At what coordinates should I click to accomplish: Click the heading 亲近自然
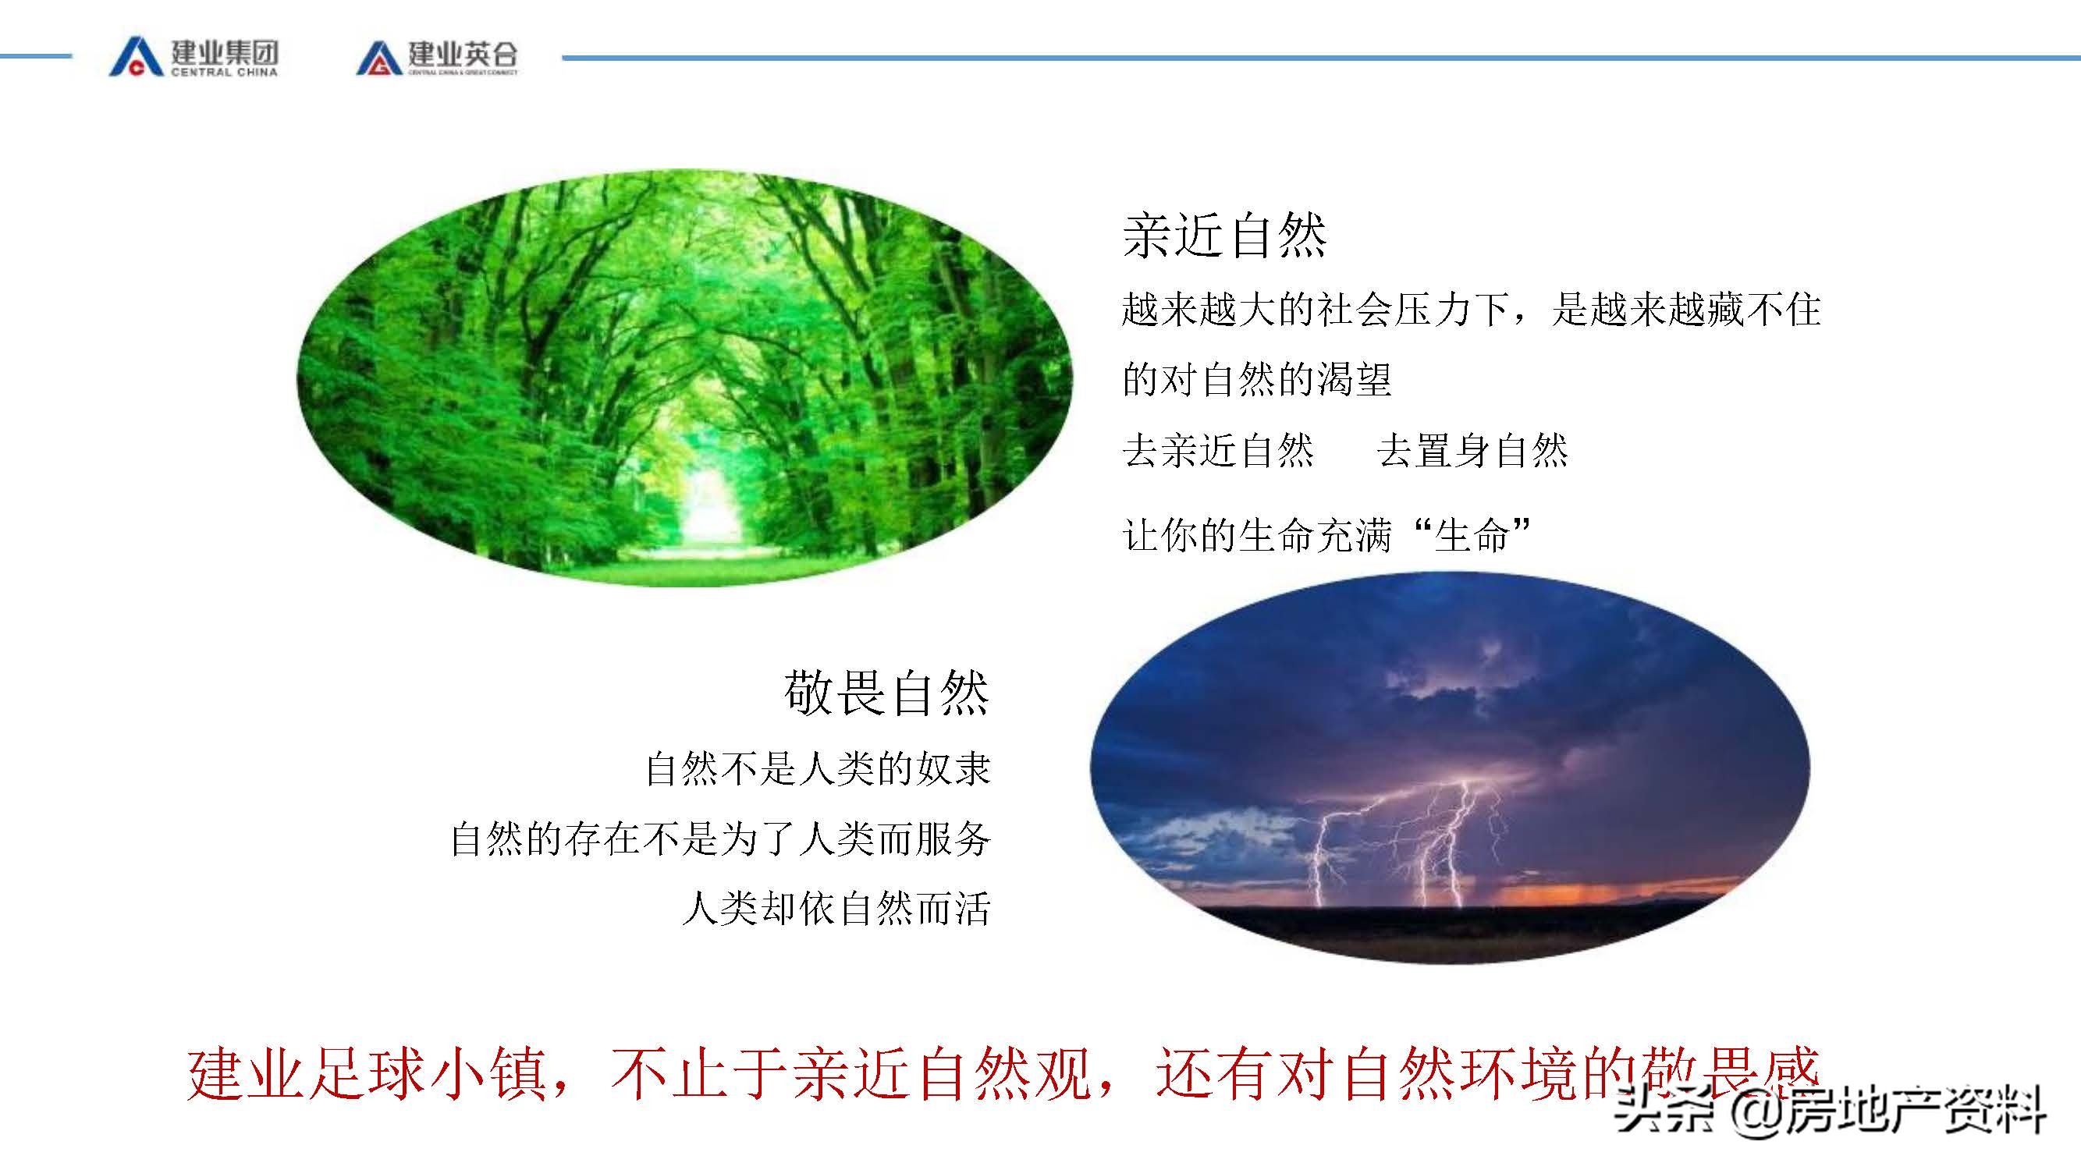pos(1224,236)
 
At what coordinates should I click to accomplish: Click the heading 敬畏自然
pos(886,693)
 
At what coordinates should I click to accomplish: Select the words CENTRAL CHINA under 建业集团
pos(224,72)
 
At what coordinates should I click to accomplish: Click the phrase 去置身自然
pos(1472,451)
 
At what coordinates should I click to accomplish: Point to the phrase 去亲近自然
pos(1218,451)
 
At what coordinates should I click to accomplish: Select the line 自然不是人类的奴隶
pos(818,768)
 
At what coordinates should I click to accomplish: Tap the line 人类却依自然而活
pos(836,909)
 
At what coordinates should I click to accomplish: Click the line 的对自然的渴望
pos(1257,380)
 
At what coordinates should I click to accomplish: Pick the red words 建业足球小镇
pos(368,1074)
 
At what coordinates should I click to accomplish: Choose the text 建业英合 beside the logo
pos(462,53)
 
